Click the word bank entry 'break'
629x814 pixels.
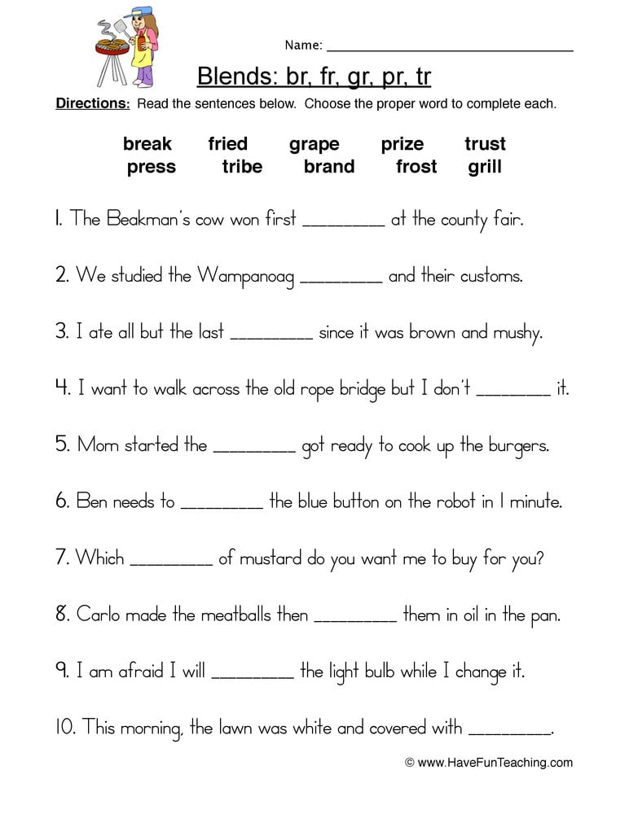point(147,144)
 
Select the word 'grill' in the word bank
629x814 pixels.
point(485,167)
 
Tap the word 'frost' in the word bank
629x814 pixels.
point(416,167)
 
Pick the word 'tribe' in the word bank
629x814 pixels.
point(242,167)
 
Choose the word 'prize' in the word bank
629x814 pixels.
point(402,144)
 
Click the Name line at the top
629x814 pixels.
point(450,50)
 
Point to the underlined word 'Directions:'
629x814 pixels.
point(92,104)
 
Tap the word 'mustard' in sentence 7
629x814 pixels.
point(261,558)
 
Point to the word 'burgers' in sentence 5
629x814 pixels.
point(519,446)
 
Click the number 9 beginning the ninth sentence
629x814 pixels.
point(62,672)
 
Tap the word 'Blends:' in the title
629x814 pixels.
point(233,77)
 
